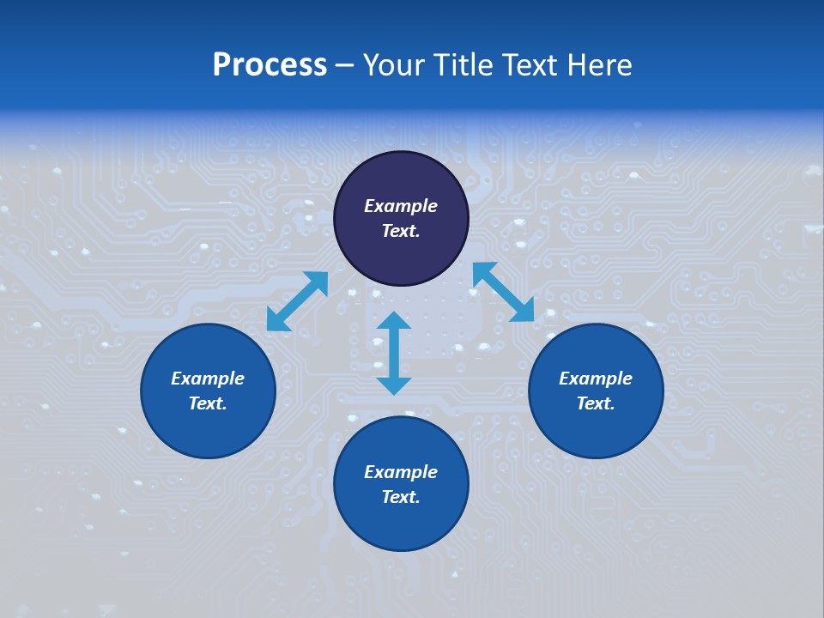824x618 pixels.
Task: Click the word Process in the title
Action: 270,65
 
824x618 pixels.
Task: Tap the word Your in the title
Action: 397,65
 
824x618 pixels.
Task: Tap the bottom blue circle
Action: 401,524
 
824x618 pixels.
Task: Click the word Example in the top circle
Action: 401,206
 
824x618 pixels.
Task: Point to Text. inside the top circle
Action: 401,231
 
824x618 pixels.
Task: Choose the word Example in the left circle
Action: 208,379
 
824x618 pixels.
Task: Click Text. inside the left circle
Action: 208,403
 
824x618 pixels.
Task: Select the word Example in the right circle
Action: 596,379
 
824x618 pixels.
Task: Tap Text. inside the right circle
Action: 596,403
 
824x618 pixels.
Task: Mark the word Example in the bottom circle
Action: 401,472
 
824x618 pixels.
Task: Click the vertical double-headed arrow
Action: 394,353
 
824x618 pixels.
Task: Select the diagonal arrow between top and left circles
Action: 297,301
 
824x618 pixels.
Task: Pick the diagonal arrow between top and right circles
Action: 503,292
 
